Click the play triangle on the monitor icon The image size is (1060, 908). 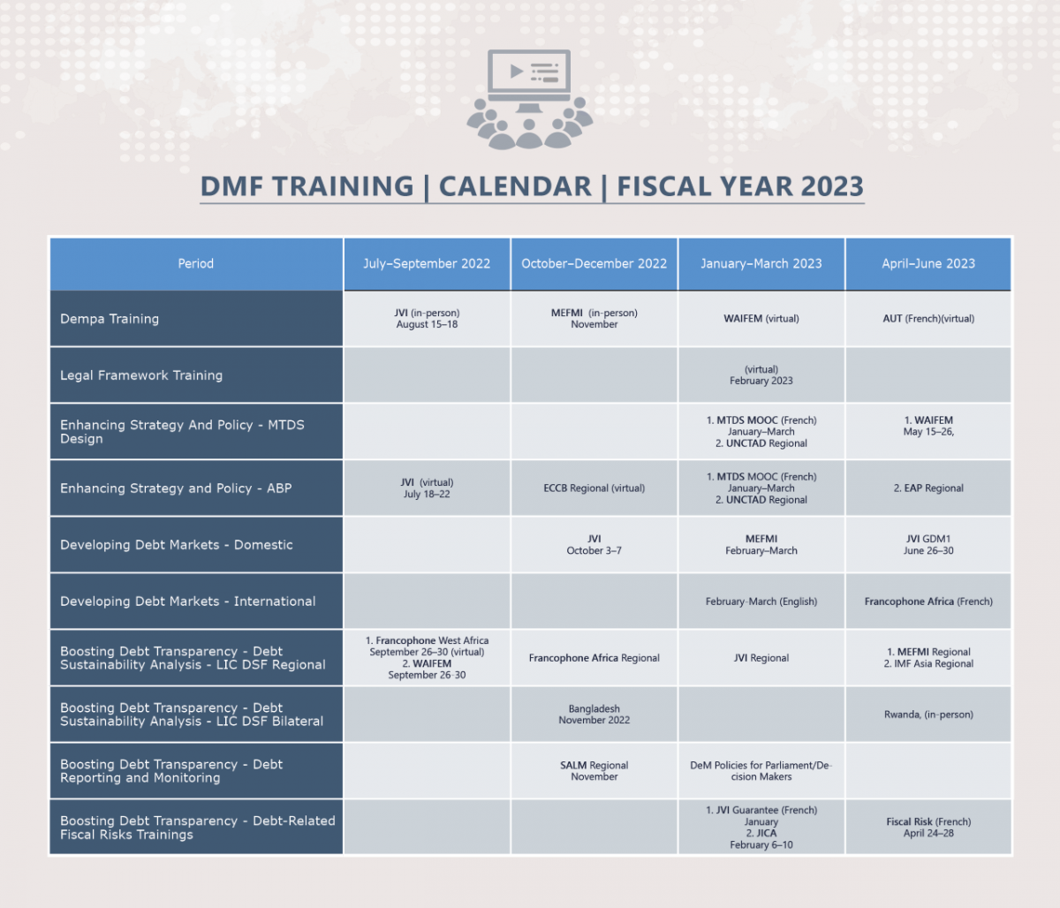516,71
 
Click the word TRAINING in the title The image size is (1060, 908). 343,185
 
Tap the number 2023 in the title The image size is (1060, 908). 832,185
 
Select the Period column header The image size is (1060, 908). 195,263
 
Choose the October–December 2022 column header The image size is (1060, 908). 594,263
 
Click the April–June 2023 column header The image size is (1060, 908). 928,263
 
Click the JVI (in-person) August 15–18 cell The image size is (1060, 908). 427,318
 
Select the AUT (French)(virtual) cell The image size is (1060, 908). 928,318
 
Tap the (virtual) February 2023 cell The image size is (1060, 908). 761,375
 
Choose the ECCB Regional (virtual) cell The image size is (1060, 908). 594,488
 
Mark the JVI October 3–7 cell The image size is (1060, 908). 594,544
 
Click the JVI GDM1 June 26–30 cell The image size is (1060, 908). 928,544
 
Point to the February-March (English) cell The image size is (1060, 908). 761,602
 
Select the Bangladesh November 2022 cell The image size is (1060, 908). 594,715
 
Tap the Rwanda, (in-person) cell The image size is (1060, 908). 928,715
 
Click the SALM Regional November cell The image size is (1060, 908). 594,770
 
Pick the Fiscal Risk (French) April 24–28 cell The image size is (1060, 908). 928,827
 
